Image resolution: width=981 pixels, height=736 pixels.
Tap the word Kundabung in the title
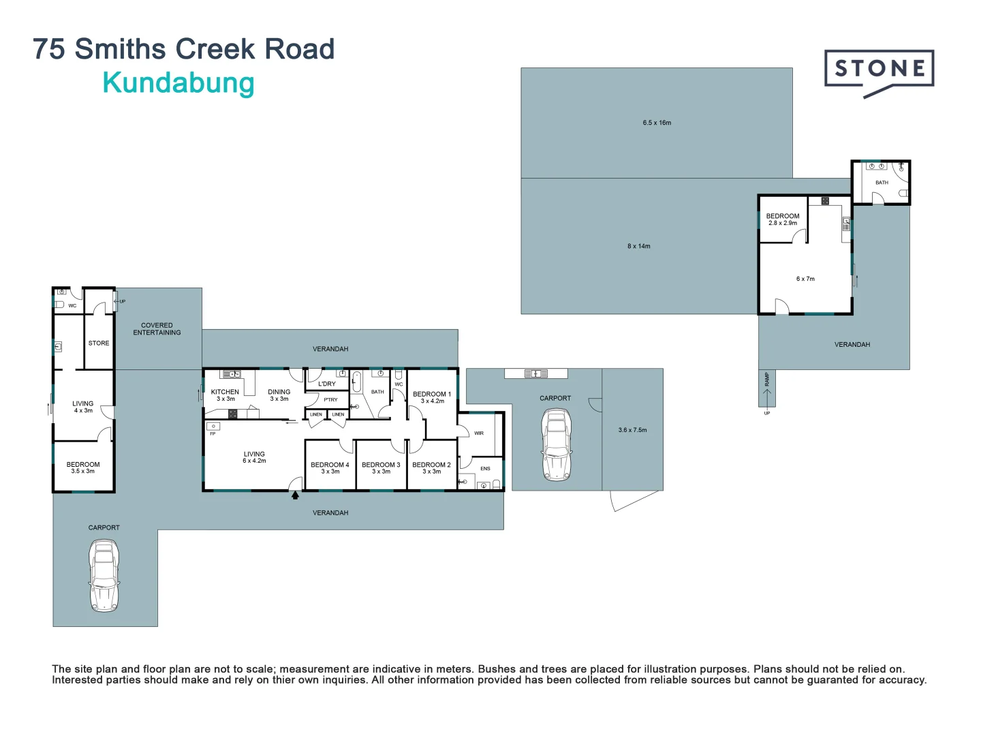pos(178,84)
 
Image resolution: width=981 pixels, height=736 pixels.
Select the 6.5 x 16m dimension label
pos(657,123)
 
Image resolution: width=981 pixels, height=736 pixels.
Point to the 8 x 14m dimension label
pos(638,246)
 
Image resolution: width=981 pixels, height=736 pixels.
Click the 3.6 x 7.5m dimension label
pos(632,430)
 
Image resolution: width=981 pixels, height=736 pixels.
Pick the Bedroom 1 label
pos(432,394)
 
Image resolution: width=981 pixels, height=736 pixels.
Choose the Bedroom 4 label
pos(330,465)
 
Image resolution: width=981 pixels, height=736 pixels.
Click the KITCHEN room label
pos(225,392)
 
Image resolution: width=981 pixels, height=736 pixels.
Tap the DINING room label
pos(279,392)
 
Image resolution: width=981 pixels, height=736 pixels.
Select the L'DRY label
pos(327,384)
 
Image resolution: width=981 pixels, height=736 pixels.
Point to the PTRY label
pos(330,400)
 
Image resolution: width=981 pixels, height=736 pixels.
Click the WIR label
pos(479,433)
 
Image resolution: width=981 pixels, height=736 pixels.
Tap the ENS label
pos(485,469)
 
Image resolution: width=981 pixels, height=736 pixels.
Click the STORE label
pos(99,343)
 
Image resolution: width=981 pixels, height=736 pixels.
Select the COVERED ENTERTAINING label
pos(157,329)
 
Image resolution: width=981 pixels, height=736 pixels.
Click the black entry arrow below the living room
pos(295,495)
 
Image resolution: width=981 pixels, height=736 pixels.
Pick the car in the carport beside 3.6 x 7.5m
pos(557,444)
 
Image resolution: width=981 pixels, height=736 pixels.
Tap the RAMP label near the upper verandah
pos(767,380)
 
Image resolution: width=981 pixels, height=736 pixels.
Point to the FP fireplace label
pos(213,434)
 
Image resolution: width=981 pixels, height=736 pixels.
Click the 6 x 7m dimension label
pos(805,279)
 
